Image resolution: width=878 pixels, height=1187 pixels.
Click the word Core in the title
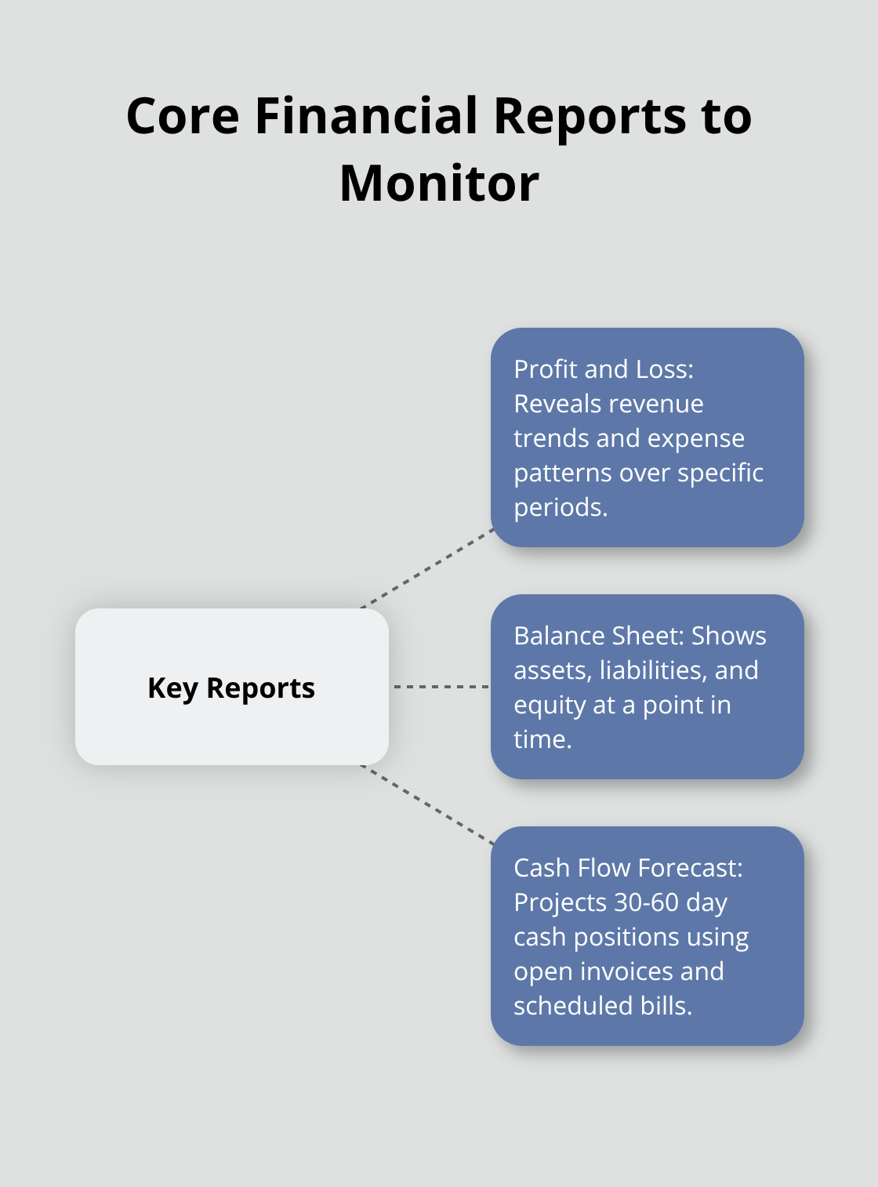click(x=183, y=116)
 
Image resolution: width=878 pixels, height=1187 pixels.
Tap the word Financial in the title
click(x=366, y=116)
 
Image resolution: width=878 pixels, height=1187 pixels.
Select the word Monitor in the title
click(x=439, y=183)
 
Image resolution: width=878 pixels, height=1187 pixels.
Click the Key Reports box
click(x=231, y=687)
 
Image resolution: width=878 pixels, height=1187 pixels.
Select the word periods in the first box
click(x=560, y=507)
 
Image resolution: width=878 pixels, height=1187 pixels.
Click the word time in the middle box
click(x=542, y=739)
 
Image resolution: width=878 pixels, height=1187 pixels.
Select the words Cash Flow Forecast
click(x=627, y=868)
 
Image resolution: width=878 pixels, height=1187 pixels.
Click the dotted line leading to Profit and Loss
click(x=427, y=568)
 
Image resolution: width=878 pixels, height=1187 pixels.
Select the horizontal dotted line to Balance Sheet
click(x=441, y=687)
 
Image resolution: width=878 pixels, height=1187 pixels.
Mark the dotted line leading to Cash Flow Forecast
click(x=427, y=805)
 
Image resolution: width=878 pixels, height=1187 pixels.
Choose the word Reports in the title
click(x=590, y=116)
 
